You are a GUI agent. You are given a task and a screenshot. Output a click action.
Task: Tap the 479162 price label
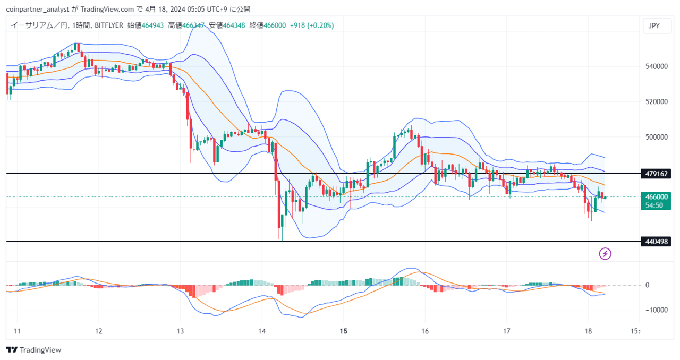click(x=656, y=174)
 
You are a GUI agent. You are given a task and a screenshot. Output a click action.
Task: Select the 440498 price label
click(x=656, y=242)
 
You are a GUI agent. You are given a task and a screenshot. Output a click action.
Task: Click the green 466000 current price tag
click(x=656, y=201)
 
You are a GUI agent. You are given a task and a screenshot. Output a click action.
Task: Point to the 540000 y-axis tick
click(x=656, y=66)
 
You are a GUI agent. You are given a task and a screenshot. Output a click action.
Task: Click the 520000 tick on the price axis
click(x=656, y=102)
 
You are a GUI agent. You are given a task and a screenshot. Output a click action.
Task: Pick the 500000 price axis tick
click(x=656, y=137)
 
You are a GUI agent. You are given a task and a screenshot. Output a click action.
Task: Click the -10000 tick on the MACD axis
click(x=656, y=310)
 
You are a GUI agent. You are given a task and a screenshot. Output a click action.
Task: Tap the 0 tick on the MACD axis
click(x=647, y=285)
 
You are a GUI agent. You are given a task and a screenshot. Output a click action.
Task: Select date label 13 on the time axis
click(x=180, y=331)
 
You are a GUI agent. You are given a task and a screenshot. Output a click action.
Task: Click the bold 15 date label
click(x=343, y=331)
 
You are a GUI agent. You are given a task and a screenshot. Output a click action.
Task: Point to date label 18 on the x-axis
click(x=588, y=331)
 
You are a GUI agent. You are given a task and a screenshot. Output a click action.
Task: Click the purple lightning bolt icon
click(x=605, y=254)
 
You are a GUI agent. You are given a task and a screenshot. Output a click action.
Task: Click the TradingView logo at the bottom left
click(x=33, y=350)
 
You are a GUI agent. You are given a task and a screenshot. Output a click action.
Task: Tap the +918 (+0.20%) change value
click(x=312, y=25)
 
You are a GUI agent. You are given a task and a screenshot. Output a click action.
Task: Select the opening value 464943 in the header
click(x=152, y=25)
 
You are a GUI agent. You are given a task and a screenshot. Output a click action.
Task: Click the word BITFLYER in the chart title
click(x=109, y=25)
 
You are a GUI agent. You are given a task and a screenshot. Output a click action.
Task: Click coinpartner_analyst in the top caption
click(x=38, y=10)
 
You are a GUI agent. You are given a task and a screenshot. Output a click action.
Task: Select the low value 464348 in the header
click(x=234, y=25)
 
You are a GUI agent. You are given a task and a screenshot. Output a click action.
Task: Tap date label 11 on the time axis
click(x=17, y=331)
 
